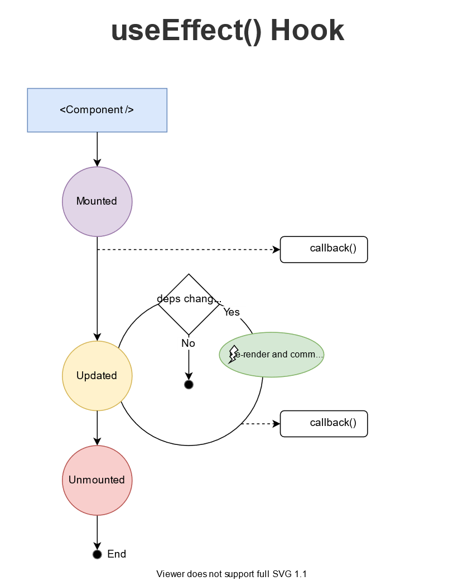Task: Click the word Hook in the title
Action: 307,31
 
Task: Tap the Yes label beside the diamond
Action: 231,312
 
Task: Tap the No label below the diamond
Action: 189,343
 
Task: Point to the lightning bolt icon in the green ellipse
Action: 233,355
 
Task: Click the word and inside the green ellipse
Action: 280,355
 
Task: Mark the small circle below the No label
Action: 189,385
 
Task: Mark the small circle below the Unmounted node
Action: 97,554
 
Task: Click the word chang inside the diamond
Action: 199,299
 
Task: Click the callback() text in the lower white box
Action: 333,423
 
